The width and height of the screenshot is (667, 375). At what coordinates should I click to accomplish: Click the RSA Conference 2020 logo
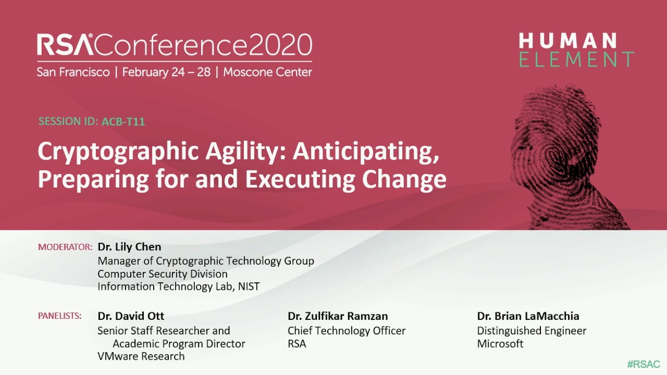pyautogui.click(x=174, y=45)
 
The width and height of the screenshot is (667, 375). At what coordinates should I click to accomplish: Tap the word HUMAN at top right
pyautogui.click(x=568, y=41)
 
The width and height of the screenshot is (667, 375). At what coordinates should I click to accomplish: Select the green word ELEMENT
pyautogui.click(x=576, y=59)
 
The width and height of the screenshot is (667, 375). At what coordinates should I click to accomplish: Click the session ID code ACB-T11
pyautogui.click(x=123, y=122)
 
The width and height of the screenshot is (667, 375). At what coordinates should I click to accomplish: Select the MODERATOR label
pyautogui.click(x=65, y=247)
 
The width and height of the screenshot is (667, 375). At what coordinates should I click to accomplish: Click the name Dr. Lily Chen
pyautogui.click(x=129, y=247)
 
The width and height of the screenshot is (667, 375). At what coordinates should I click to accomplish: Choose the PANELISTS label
pyautogui.click(x=60, y=316)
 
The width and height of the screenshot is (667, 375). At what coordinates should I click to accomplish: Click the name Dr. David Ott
pyautogui.click(x=131, y=316)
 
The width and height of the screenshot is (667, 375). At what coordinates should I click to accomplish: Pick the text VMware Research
pyautogui.click(x=141, y=356)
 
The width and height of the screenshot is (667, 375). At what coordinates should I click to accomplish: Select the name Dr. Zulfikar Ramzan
pyautogui.click(x=338, y=316)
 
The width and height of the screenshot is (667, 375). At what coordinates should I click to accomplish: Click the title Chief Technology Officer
pyautogui.click(x=347, y=331)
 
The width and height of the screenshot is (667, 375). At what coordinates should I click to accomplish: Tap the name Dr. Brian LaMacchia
pyautogui.click(x=528, y=316)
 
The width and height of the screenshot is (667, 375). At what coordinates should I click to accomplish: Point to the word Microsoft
pyautogui.click(x=500, y=344)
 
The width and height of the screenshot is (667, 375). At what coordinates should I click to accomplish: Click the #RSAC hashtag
pyautogui.click(x=644, y=364)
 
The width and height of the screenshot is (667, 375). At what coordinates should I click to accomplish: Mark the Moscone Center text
pyautogui.click(x=267, y=72)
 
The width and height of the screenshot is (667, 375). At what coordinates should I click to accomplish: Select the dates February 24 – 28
pyautogui.click(x=166, y=72)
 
